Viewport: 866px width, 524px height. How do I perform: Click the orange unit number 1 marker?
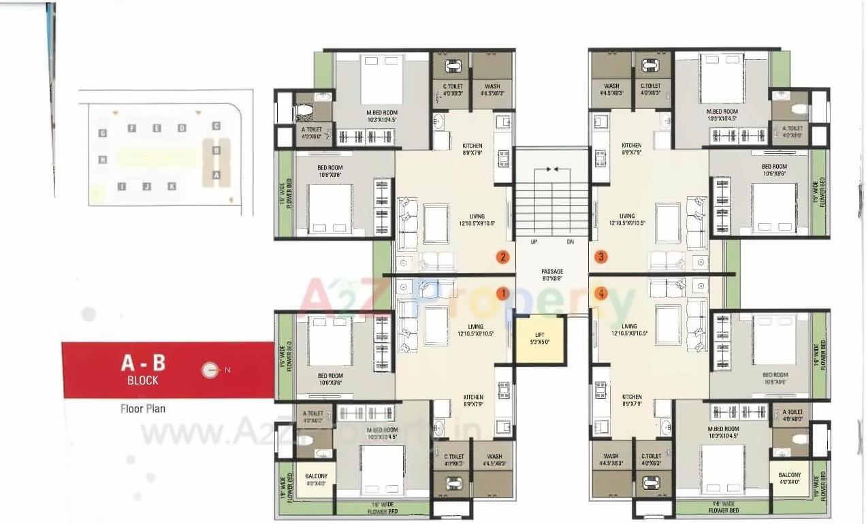[x=502, y=293]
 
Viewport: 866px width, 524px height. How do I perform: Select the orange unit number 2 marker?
[x=502, y=257]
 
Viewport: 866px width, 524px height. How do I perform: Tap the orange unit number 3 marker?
[x=600, y=257]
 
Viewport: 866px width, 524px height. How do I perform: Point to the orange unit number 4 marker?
[x=600, y=293]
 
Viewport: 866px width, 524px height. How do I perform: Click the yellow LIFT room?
[x=540, y=338]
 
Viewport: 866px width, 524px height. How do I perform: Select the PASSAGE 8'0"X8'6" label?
[x=552, y=275]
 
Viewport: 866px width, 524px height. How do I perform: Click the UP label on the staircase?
[x=534, y=242]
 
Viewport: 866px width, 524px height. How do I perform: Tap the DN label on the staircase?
[x=570, y=242]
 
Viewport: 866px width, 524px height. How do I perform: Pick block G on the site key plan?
[x=103, y=133]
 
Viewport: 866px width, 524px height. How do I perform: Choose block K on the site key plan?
[x=172, y=186]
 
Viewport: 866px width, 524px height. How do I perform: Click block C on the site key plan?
[x=216, y=126]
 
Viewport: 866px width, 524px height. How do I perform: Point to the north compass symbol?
[x=210, y=370]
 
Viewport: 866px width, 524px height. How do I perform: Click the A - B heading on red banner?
[x=143, y=362]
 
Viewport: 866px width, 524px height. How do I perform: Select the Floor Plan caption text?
[x=143, y=408]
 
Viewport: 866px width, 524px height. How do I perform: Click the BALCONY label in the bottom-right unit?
[x=789, y=479]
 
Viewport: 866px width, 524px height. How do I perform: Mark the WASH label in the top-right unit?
[x=611, y=90]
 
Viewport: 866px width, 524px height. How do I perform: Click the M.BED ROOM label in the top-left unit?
[x=381, y=116]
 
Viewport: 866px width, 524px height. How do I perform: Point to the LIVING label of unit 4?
[x=630, y=329]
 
